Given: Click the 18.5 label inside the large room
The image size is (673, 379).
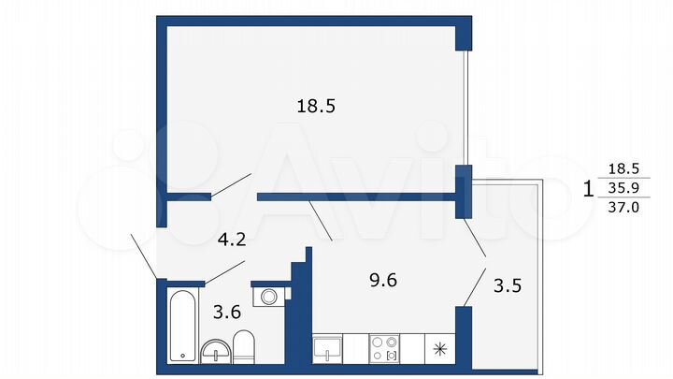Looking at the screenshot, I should [x=316, y=107].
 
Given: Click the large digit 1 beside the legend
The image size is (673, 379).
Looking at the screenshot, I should [x=588, y=188].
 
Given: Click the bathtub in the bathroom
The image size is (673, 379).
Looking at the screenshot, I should [x=181, y=326].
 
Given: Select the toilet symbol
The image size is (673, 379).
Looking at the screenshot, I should [x=241, y=346].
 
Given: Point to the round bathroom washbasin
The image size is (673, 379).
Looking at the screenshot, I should [x=214, y=353].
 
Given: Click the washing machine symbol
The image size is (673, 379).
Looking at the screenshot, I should [x=269, y=297].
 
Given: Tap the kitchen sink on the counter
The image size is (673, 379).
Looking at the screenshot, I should [x=328, y=349].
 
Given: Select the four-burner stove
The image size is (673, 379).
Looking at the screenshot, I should [x=384, y=349].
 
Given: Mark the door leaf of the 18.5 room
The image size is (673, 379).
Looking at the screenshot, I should [x=232, y=184].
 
